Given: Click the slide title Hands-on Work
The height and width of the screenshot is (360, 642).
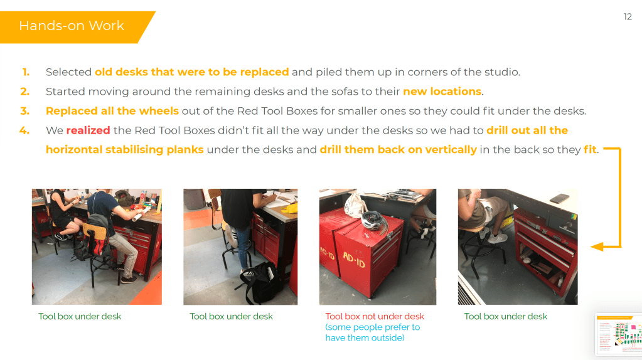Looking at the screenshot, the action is (x=72, y=26).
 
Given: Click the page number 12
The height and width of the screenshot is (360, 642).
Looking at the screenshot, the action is (x=628, y=17).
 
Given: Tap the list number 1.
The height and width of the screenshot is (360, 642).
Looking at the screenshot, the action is (x=26, y=72).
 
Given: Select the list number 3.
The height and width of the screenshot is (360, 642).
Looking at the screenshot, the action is (x=25, y=111).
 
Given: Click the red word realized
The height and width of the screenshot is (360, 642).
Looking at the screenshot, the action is (x=88, y=130).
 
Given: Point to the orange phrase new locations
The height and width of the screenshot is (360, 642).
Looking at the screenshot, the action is (x=442, y=91).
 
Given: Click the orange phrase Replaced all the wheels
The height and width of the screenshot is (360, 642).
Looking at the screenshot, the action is (x=112, y=111).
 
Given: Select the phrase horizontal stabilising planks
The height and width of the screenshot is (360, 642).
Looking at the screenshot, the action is (x=124, y=150).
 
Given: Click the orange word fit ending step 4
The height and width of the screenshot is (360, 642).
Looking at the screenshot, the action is (x=590, y=150).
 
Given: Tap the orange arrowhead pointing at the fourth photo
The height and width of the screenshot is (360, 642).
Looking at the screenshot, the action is (x=597, y=246).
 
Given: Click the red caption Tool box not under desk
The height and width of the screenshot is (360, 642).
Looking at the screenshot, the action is (x=375, y=316).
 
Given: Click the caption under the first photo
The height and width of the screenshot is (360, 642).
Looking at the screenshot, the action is (x=80, y=316).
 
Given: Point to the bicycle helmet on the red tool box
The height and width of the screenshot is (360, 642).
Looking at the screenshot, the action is (x=375, y=221).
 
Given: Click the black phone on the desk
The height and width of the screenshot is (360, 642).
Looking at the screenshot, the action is (x=559, y=198).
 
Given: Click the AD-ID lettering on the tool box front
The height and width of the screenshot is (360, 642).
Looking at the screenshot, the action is (x=354, y=260).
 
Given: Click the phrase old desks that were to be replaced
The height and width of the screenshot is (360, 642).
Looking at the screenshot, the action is (x=191, y=72).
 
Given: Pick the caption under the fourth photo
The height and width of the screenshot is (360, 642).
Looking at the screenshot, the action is (x=506, y=316).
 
